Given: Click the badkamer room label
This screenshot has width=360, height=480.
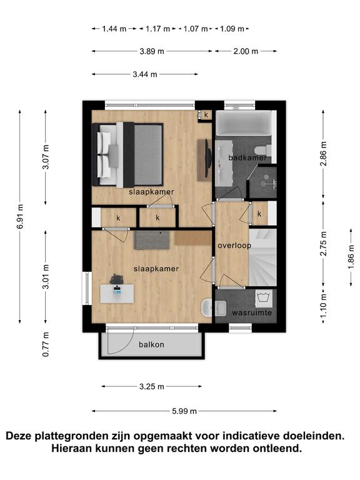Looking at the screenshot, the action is coord(247,157).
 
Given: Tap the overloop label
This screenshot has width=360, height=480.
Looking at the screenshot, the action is coord(234,245).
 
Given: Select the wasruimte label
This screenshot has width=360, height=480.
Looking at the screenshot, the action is coord(252,312).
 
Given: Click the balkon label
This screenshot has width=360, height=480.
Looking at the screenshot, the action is coord(151,344).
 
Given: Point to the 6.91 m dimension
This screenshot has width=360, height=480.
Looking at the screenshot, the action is coord(20,216).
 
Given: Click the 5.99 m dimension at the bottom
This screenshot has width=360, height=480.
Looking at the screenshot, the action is coord(184,411).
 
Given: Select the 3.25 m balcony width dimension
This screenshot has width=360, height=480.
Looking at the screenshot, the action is coord(151,386).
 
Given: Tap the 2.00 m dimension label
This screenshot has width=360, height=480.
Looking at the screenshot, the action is coord(246,51).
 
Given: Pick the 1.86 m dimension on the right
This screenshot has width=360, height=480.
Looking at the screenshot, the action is coord(351,257).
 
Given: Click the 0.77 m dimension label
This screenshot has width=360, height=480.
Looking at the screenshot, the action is coord(46,344).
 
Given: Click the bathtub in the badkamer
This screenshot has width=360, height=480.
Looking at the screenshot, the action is coord(244,122).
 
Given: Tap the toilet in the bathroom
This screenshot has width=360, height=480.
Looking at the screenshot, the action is coord(262,150).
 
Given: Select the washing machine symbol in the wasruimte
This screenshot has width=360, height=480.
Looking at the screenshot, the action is coord(263,299).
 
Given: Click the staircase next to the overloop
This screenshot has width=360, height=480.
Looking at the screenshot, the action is coord(262,257).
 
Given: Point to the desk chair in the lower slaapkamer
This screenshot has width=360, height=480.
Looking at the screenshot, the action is coord(116,279).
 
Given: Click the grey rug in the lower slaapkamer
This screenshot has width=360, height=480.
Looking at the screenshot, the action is coord(151,240).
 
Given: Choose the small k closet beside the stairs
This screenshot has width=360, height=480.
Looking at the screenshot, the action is coord(259,213).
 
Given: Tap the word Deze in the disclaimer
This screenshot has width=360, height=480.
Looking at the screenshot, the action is coord(19,436).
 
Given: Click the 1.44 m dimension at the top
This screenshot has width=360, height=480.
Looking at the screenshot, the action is coord(114,29).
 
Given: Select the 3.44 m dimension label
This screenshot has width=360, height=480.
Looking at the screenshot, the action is coord(145,74).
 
